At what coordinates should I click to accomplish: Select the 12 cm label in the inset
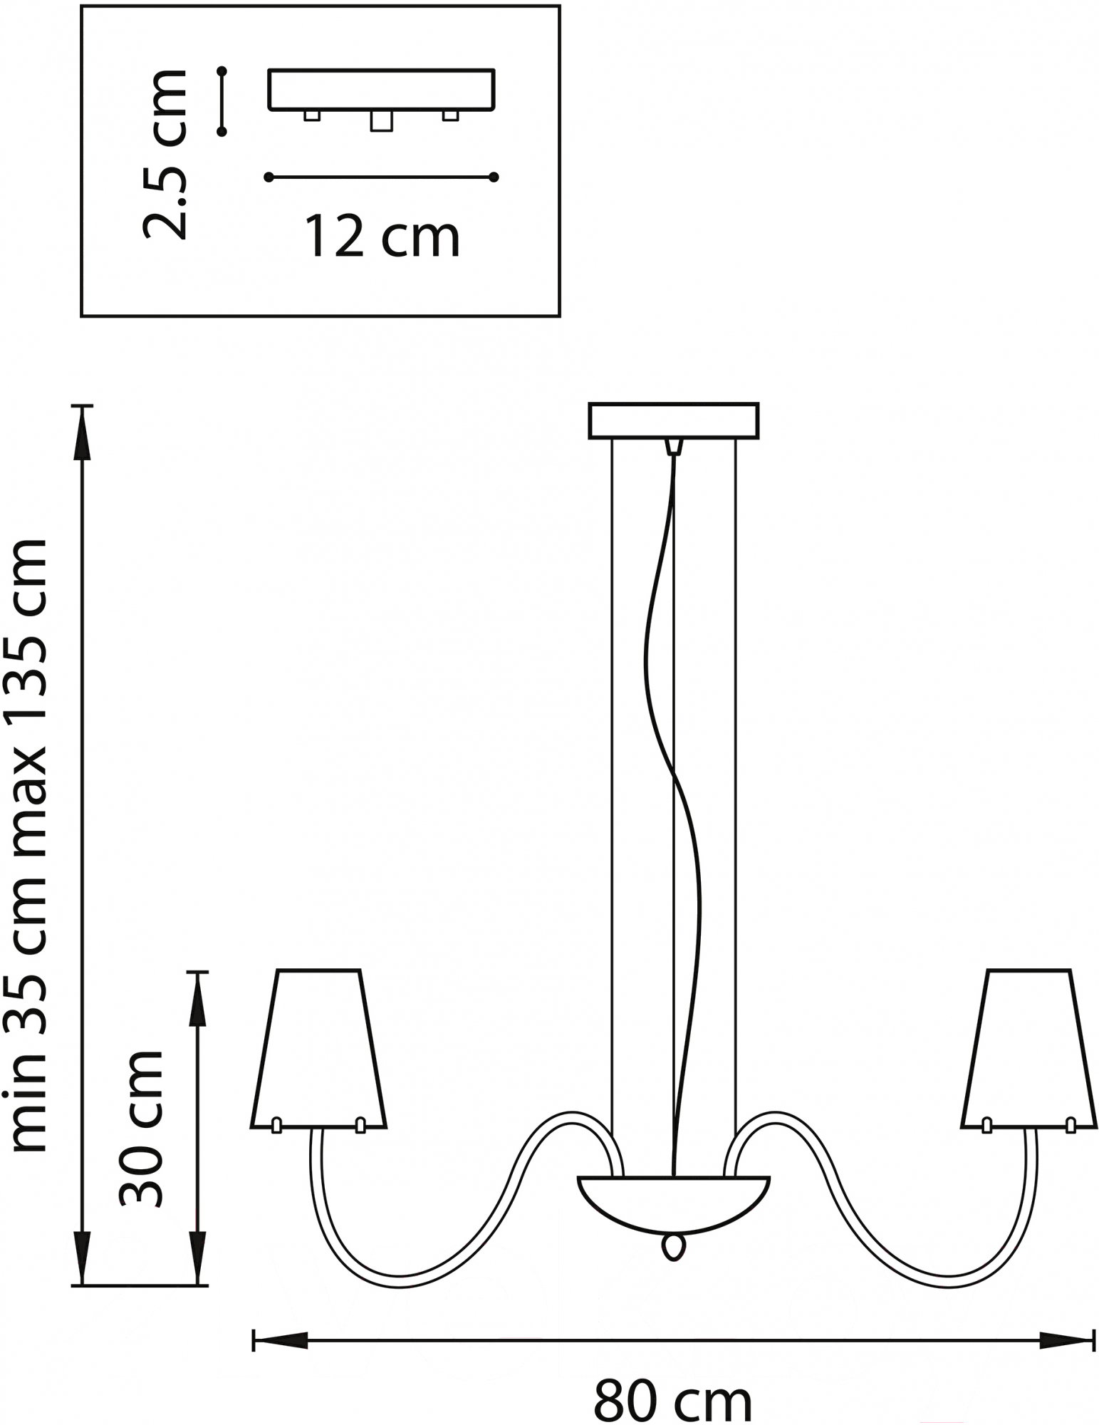(x=382, y=237)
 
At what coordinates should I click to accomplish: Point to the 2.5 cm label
(x=165, y=155)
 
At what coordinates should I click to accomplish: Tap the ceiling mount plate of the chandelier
(x=673, y=420)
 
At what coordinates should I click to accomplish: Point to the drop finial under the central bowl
(x=673, y=1246)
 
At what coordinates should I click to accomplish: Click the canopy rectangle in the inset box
(x=381, y=90)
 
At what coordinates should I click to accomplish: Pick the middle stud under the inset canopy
(x=381, y=121)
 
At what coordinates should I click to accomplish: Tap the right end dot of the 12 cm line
(x=494, y=177)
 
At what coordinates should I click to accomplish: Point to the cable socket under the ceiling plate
(x=673, y=447)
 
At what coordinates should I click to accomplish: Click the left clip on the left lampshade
(x=276, y=1125)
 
